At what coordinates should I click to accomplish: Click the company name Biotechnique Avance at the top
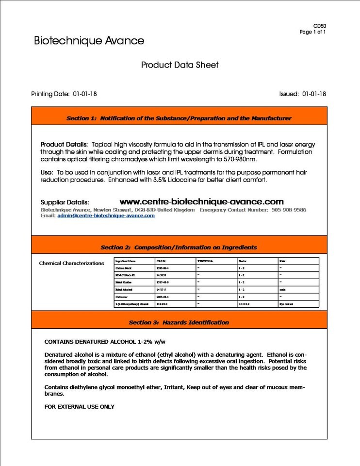point(89,41)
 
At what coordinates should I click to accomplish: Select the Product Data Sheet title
point(180,65)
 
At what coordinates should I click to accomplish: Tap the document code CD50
point(320,26)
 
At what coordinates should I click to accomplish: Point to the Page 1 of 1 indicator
point(313,32)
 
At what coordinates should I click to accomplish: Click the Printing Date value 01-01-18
point(85,94)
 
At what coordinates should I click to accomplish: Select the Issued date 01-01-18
point(314,94)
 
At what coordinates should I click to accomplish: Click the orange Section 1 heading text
point(179,118)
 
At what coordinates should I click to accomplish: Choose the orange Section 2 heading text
point(179,248)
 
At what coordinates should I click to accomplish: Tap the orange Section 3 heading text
point(179,322)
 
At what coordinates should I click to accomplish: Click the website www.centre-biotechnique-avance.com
point(201,201)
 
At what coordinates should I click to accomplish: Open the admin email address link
point(106,216)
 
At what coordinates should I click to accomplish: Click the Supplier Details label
point(65,202)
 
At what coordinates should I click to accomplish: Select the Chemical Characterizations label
point(71,263)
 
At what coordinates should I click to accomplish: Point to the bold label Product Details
point(64,145)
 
